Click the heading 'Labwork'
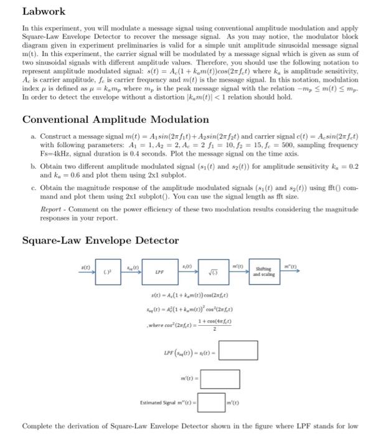(44, 11)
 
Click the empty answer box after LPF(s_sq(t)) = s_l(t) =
(237, 350)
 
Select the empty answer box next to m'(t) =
(219, 377)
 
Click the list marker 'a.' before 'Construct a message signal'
(32, 136)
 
